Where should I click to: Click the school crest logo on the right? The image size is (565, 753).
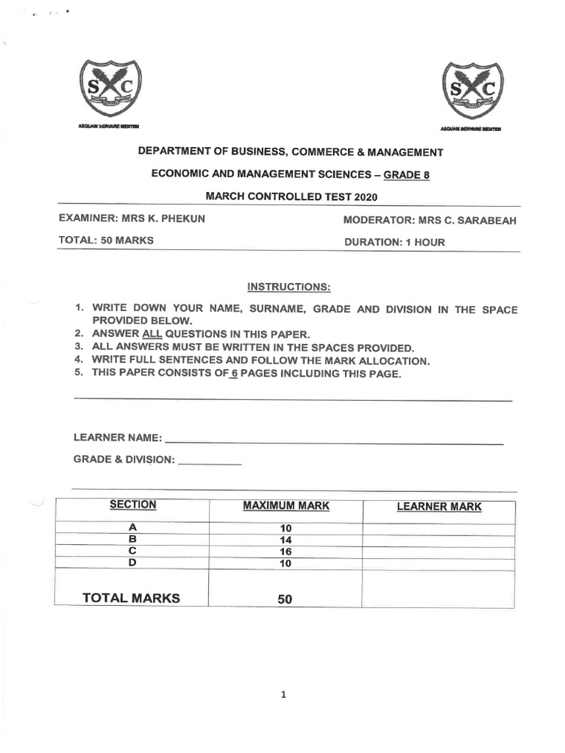point(472,92)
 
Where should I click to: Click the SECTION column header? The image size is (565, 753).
point(132,505)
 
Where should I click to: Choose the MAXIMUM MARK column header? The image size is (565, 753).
point(286,506)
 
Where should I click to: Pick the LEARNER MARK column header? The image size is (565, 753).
point(439,507)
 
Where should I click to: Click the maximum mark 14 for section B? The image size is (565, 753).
point(285,540)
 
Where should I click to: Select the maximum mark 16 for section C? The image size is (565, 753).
point(285,552)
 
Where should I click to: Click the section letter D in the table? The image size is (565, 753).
point(132,563)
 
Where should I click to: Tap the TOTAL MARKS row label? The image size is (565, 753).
point(131,598)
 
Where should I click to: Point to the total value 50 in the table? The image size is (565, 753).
point(285,599)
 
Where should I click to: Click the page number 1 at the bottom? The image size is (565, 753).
point(282,696)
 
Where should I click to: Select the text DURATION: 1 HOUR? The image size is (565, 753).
point(394,242)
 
